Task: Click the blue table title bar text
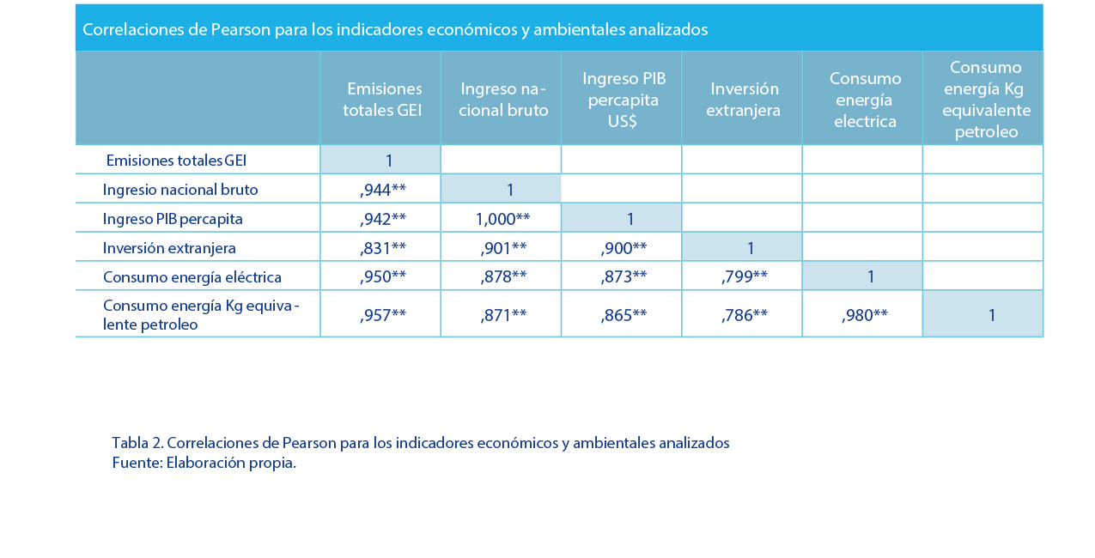click(x=395, y=30)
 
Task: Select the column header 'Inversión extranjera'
click(x=743, y=100)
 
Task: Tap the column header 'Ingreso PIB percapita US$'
click(x=624, y=100)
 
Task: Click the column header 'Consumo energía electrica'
click(x=864, y=100)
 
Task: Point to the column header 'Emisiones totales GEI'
click(x=383, y=100)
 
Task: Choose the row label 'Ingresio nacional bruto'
click(x=180, y=190)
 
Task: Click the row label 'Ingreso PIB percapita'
click(x=173, y=219)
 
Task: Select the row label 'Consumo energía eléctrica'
click(x=192, y=277)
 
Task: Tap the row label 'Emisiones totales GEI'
click(x=177, y=161)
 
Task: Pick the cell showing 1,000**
click(x=502, y=219)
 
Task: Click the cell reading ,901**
click(x=503, y=248)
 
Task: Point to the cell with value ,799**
click(x=745, y=276)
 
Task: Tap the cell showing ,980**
click(x=865, y=315)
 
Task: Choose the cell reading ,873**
click(x=624, y=276)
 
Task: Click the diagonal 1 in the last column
click(x=991, y=315)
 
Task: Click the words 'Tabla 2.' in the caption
click(x=137, y=443)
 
